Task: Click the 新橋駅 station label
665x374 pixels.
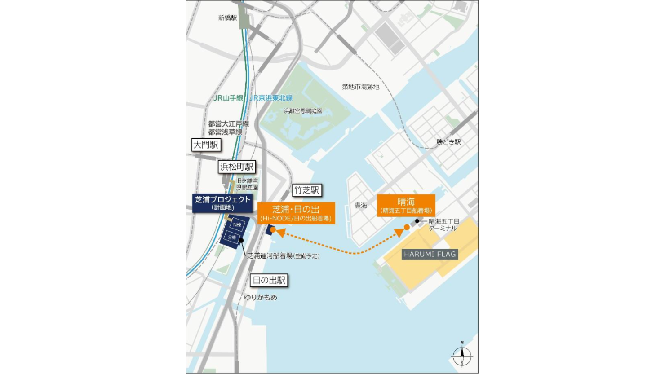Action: point(227,18)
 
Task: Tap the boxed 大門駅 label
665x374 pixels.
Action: point(206,145)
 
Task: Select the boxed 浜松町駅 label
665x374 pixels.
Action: point(237,167)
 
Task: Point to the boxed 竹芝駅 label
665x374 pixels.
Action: point(307,190)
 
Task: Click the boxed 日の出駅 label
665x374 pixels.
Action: point(269,281)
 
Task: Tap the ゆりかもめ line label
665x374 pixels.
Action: point(261,297)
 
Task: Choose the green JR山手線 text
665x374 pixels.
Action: point(228,98)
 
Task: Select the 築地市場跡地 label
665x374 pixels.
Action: point(360,87)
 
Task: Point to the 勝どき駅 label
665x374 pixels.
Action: point(448,142)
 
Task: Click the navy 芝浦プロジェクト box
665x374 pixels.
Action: point(222,203)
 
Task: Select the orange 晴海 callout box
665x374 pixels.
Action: point(406,205)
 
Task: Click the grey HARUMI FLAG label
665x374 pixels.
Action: point(430,254)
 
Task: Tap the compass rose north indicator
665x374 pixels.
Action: point(462,356)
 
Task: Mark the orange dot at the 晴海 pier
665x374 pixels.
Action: point(407,227)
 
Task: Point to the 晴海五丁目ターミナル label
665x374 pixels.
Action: point(443,224)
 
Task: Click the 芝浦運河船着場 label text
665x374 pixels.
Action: point(283,256)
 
